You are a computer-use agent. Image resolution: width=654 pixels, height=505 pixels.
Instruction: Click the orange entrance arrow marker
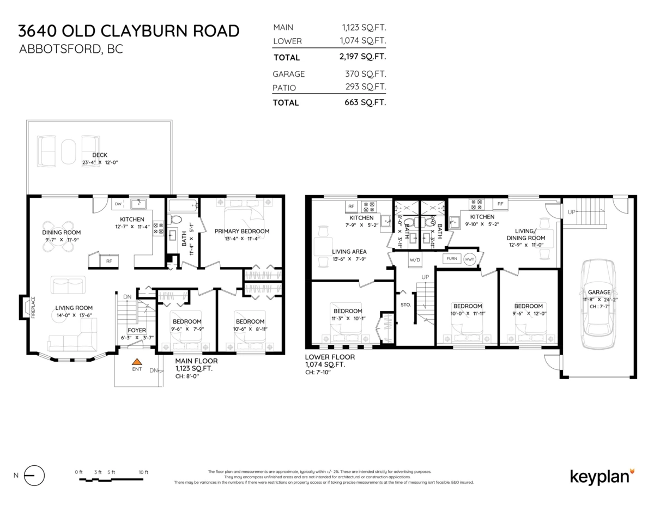[137, 361]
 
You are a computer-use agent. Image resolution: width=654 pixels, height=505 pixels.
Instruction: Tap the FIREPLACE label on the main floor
[33, 307]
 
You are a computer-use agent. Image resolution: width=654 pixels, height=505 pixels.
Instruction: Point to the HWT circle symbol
[470, 259]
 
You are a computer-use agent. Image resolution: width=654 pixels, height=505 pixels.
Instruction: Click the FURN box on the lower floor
[451, 259]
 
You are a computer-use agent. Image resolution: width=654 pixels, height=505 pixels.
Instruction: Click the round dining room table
[58, 236]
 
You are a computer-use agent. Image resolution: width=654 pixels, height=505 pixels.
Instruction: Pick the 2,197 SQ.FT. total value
[362, 57]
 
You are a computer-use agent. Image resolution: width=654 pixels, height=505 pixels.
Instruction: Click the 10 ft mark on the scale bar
[143, 472]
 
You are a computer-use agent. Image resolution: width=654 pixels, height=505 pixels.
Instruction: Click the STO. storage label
[405, 305]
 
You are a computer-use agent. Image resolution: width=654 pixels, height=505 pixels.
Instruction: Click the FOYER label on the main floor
[136, 330]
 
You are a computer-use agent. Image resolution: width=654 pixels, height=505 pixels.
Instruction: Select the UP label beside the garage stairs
[571, 211]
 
